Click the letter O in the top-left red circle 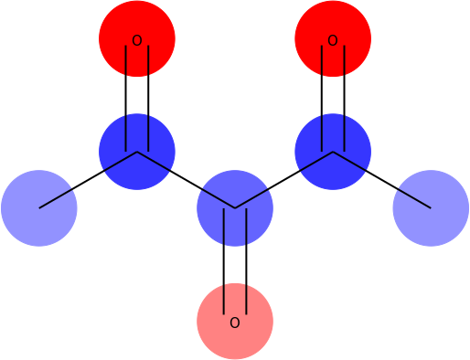pos(137,40)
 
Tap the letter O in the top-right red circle pos(333,40)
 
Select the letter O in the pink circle pos(235,323)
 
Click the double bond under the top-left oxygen pos(137,96)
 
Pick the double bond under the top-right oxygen pos(333,96)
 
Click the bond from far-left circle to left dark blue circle pos(88,180)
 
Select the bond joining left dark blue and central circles pos(186,180)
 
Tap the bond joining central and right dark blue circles pos(284,180)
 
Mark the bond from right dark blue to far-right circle pos(382,180)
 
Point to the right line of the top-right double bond pos(344,96)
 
